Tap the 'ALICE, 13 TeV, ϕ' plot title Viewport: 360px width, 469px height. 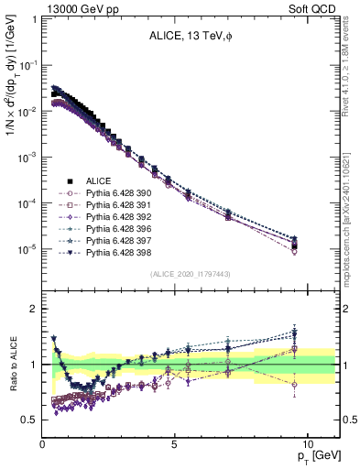click(184, 37)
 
